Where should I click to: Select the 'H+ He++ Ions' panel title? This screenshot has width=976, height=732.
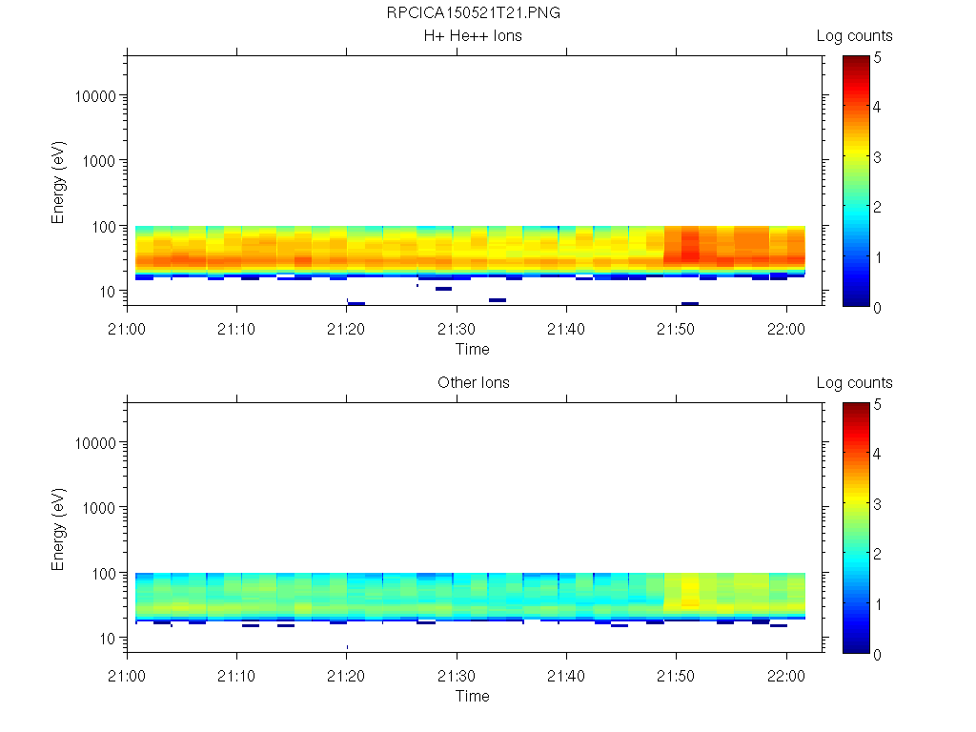point(473,36)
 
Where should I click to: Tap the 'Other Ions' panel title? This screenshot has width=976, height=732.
point(473,383)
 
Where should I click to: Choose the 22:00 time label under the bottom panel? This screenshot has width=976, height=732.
point(785,676)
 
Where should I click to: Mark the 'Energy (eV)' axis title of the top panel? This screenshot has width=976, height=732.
point(59,181)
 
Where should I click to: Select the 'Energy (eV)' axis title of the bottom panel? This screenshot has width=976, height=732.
point(59,528)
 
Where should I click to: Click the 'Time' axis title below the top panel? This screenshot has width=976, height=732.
point(472,349)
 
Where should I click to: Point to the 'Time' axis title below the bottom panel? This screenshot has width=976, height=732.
point(472,696)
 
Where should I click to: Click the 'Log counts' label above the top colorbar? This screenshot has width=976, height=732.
point(854,36)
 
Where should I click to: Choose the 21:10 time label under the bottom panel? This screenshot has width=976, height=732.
point(236,676)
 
